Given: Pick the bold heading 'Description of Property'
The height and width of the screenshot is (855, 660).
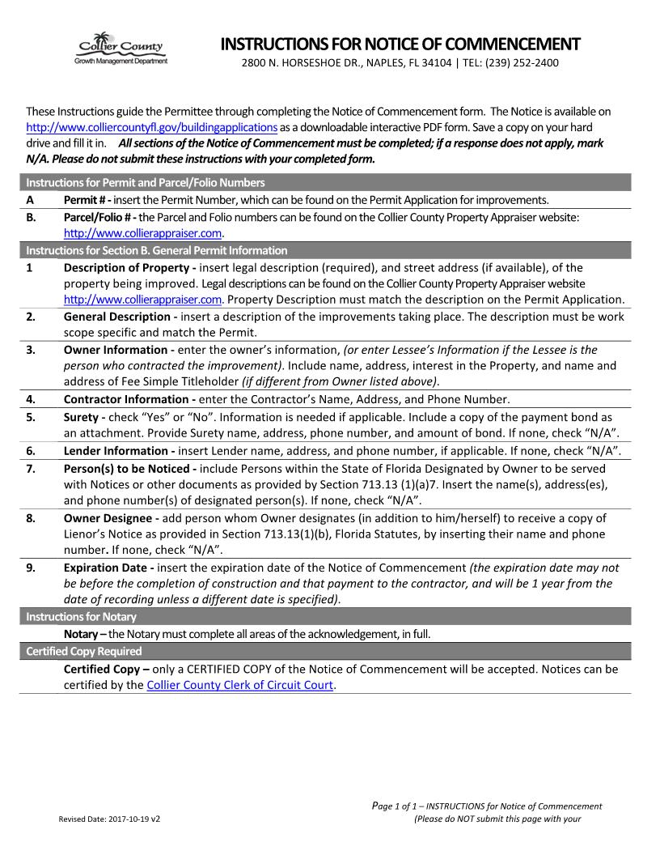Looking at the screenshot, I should point(133,267).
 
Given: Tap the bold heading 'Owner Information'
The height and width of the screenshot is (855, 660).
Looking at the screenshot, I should point(118,350).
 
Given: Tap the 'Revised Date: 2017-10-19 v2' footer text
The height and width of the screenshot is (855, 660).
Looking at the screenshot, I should point(109,819).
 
